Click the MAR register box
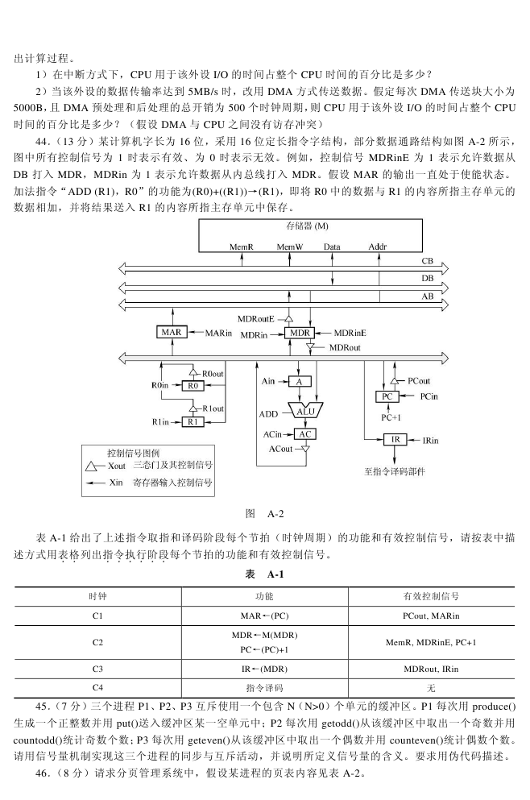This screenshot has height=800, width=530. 172,333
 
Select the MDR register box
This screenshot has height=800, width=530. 300,334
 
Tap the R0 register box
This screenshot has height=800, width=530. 193,386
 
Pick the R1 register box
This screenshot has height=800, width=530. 193,422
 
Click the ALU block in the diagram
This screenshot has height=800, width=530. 305,411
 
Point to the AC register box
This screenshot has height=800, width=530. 305,434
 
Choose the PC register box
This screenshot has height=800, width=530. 387,396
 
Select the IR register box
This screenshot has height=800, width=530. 395,439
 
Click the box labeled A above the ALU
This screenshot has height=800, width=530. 300,382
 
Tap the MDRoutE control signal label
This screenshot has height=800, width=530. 255,319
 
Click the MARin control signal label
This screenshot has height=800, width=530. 218,334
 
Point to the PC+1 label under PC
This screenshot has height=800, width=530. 391,417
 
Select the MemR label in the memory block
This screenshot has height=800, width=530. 242,247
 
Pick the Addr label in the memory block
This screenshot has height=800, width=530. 378,247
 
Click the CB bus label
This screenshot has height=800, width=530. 427,261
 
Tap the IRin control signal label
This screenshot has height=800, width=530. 430,441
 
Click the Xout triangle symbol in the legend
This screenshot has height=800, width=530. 91,466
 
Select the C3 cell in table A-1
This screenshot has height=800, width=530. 97,669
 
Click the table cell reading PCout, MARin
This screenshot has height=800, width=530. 431,616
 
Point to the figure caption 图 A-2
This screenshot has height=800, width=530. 264,514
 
